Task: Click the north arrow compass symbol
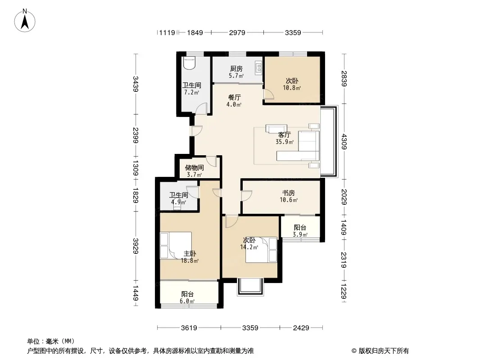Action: click(x=25, y=21)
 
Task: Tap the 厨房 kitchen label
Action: click(x=236, y=69)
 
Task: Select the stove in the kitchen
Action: click(x=258, y=68)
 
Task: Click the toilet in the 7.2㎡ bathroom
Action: click(x=189, y=63)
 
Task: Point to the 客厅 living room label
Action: click(x=285, y=135)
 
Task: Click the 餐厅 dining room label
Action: click(x=235, y=98)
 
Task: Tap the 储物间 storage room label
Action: click(x=195, y=167)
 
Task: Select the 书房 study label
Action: click(x=288, y=193)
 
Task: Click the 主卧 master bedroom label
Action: click(x=190, y=253)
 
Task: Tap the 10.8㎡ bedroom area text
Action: click(x=292, y=88)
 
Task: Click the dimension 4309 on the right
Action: click(x=344, y=142)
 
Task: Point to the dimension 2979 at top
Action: click(x=237, y=33)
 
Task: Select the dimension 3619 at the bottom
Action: click(x=189, y=328)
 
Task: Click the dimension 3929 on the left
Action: click(x=136, y=246)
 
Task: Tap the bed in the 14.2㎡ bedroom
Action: click(x=261, y=250)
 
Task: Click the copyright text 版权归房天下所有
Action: click(x=384, y=351)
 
